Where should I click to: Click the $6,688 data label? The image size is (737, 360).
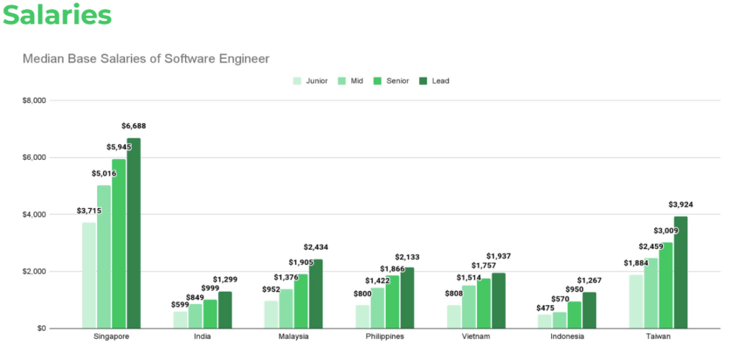[x=134, y=126]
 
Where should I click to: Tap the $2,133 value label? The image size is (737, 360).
[x=407, y=257]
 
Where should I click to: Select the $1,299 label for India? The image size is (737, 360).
[x=225, y=279]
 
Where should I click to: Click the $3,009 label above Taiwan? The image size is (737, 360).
[x=666, y=230]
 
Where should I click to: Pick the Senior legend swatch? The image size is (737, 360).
[x=378, y=81]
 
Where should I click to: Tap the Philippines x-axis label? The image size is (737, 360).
[x=384, y=336]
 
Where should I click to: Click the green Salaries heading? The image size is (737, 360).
[x=58, y=16]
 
